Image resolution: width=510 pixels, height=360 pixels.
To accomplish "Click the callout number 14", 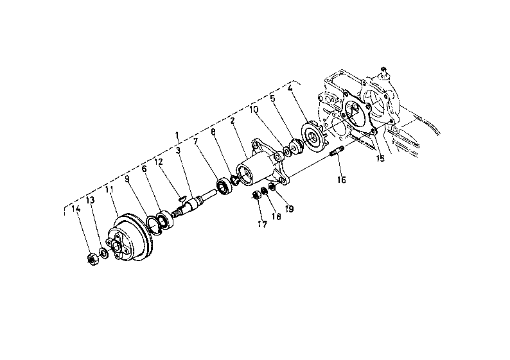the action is pos(76,209).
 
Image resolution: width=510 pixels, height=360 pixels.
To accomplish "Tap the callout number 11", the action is pos(110,189).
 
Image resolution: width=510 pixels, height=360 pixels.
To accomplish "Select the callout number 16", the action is pos(342,180).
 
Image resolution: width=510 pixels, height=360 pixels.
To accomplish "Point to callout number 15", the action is pos(380,159).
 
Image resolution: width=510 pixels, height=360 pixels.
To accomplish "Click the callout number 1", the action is pos(177,135).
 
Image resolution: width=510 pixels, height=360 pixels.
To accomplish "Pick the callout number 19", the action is pos(289,209).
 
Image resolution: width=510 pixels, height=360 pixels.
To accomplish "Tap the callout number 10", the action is pos(254,109).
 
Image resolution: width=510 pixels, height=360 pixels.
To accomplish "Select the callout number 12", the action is pos(159,162).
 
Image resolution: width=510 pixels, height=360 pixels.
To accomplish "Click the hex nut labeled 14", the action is pos(93,259).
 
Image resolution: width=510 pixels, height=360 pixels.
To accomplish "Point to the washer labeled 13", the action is pos(104,253).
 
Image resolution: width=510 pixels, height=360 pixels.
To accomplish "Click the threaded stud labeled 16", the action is pos(337,151).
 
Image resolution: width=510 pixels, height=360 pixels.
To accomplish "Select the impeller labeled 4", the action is pos(315,135).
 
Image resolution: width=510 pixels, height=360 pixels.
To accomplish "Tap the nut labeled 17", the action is pos(257,196).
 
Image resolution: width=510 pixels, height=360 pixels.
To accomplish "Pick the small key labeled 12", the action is pos(182,197).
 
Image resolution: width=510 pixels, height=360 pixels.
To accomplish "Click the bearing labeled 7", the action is pos(224,187).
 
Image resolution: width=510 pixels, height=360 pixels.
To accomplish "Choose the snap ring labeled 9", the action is pos(154,225).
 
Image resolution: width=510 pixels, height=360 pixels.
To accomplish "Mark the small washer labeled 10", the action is pos(287,151).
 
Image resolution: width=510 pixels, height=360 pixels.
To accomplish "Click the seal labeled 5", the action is pos(296,146).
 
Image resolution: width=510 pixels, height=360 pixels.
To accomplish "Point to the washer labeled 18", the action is pos(265,191).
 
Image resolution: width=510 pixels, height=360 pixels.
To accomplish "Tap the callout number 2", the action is pos(233,121).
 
